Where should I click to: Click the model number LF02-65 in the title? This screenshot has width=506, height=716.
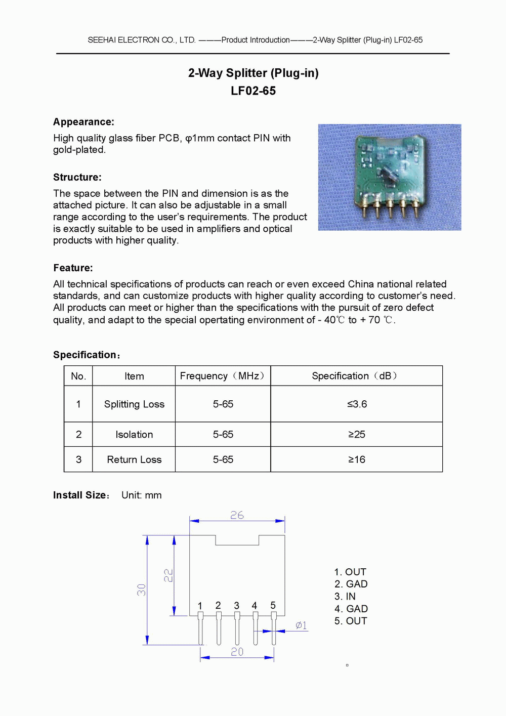tap(253, 91)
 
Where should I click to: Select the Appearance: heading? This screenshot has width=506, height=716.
tap(83, 122)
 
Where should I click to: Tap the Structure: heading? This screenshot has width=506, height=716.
tap(77, 177)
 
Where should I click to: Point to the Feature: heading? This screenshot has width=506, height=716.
tap(73, 268)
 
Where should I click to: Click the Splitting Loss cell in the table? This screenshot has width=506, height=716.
tap(134, 404)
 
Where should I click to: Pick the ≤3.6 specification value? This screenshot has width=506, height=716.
tap(357, 404)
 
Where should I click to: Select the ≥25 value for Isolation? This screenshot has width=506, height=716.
tap(357, 435)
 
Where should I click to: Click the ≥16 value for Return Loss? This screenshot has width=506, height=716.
tap(357, 460)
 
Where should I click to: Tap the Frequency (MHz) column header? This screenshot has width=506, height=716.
tap(223, 376)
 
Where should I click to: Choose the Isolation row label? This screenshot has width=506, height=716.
tap(134, 435)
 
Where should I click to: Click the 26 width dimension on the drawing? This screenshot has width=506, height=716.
tap(237, 515)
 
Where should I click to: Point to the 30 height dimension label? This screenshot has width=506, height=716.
tap(141, 589)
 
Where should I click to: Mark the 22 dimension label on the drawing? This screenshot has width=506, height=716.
tap(168, 575)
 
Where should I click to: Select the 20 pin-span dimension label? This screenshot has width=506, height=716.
tap(237, 652)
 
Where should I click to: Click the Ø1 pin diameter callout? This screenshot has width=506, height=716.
tap(301, 625)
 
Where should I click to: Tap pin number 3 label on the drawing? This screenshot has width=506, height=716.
tap(236, 606)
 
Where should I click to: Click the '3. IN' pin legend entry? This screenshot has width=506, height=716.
tap(345, 597)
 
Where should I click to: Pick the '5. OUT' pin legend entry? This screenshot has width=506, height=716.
tap(351, 621)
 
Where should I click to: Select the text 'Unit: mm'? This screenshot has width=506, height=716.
tap(142, 495)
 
